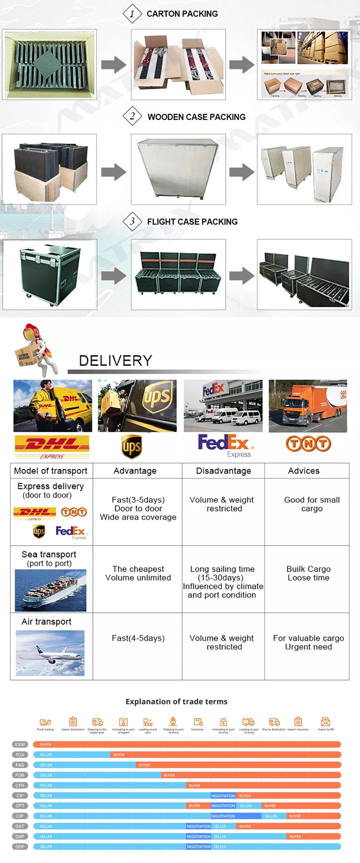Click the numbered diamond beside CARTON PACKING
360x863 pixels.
[x=132, y=14]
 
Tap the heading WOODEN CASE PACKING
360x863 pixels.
[x=196, y=117]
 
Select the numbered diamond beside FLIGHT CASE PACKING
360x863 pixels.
[x=132, y=221]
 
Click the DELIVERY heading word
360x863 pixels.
[x=116, y=360]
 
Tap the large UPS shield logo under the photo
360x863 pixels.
[x=132, y=447]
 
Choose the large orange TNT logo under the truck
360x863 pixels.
[x=308, y=444]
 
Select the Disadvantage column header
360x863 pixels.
[x=223, y=471]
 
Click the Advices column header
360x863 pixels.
[x=304, y=471]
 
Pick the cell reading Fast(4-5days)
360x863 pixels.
[x=138, y=638]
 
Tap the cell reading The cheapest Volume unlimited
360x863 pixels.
[x=138, y=573]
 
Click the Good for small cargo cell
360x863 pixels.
[x=312, y=504]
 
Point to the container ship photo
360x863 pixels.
[x=51, y=590]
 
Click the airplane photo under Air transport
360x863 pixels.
[x=50, y=653]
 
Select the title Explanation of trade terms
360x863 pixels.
[x=176, y=701]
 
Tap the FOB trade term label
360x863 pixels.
[x=20, y=775]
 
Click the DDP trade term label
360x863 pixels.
[x=20, y=847]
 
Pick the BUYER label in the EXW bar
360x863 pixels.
[x=46, y=745]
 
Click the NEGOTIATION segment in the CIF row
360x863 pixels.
[x=223, y=796]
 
